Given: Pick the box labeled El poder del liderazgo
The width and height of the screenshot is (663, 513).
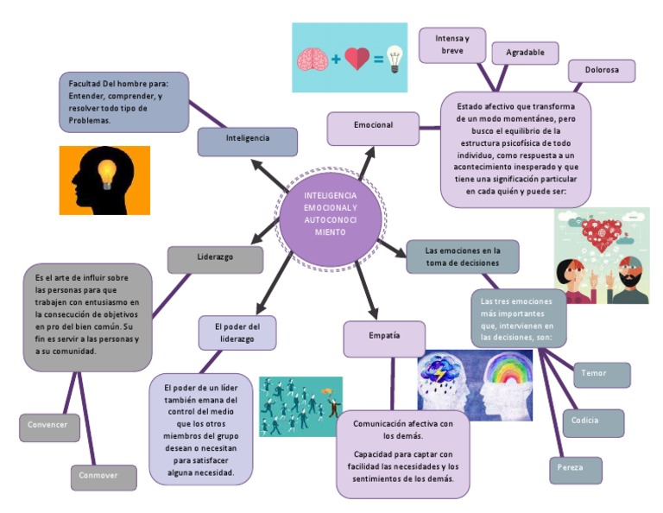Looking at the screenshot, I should point(237,332).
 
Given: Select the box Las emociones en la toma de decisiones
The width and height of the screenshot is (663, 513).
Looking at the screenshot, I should point(462,256).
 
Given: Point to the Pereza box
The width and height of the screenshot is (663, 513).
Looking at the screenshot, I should point(575,470).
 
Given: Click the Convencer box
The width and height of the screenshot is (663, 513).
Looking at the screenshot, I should point(49,427).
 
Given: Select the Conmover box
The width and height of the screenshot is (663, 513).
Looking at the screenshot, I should point(104,477).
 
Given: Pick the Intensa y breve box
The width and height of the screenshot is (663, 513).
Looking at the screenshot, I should point(451,45).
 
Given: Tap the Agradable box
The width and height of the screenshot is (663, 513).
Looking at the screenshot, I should point(525,54).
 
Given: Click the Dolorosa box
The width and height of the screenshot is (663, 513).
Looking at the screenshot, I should point(602,72).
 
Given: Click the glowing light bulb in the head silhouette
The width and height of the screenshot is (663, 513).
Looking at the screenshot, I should point(105,173).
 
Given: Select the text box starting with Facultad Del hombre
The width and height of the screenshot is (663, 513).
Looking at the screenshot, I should point(123,102).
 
